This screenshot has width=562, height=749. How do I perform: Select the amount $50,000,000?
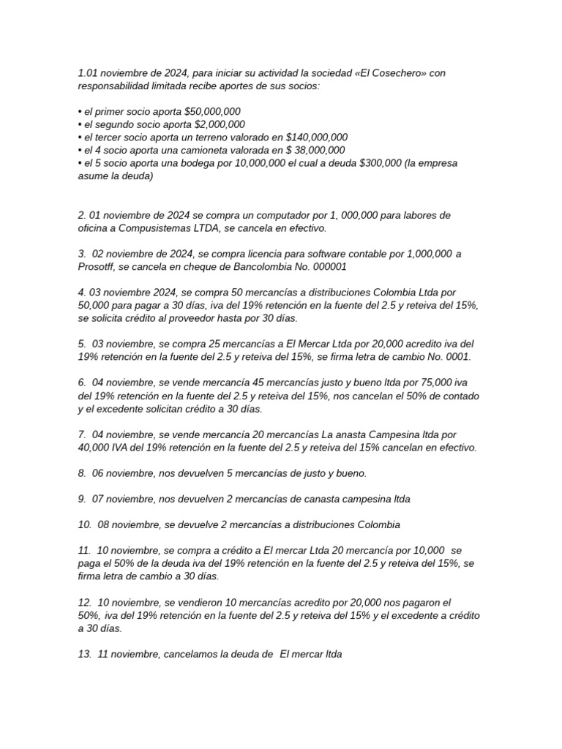(213, 111)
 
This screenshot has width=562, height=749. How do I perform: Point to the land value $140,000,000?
(309, 138)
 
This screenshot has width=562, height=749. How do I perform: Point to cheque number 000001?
(326, 267)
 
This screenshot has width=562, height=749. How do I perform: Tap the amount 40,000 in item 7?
(97, 448)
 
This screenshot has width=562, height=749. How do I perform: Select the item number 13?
(84, 655)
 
